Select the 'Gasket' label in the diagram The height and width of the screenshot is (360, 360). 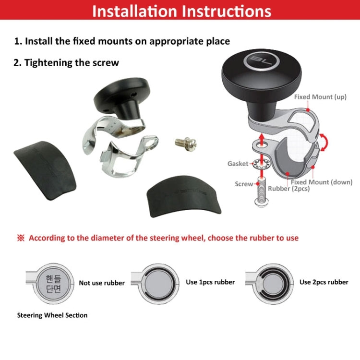click(x=238, y=164)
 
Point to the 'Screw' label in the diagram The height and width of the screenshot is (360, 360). click(x=244, y=184)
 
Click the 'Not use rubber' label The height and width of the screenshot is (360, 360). click(x=101, y=283)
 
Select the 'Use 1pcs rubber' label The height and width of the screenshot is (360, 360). click(x=210, y=282)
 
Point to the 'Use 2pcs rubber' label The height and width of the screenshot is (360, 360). click(x=324, y=282)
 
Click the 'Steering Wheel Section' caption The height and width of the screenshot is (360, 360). click(x=52, y=315)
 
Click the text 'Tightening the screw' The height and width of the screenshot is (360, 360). click(x=67, y=62)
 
